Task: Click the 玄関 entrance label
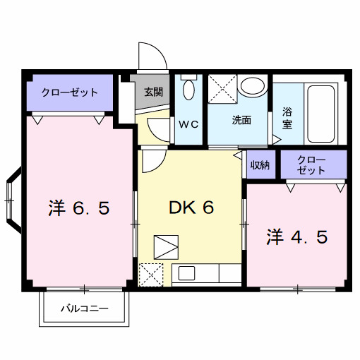tap(154, 92)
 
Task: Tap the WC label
tap(188, 125)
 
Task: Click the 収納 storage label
tap(260, 165)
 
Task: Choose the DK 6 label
tap(191, 208)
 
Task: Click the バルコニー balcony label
tap(84, 309)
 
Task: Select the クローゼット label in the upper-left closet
tap(69, 92)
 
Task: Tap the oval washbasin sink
tap(251, 87)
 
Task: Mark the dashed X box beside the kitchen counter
tap(151, 274)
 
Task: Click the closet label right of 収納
tap(312, 165)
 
